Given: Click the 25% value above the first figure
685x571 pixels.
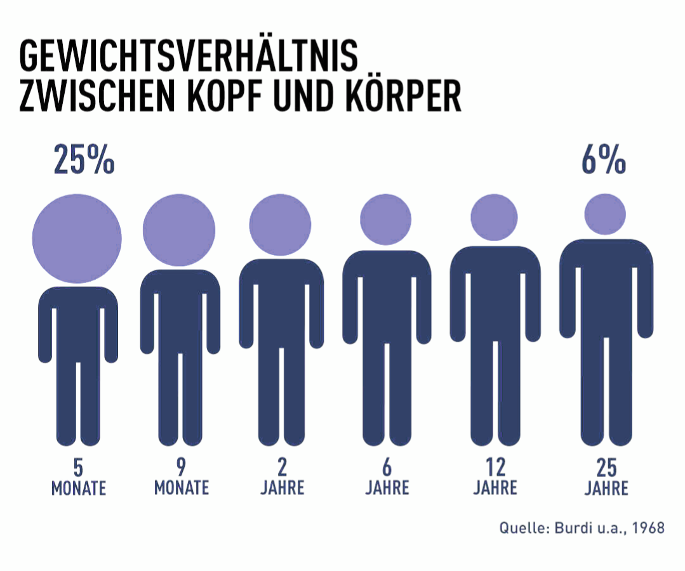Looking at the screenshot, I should click(x=84, y=160).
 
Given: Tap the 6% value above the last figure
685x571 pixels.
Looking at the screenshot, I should click(x=603, y=160).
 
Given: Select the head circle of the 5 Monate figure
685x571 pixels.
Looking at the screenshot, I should click(x=77, y=238).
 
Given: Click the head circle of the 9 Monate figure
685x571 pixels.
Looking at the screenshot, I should click(x=179, y=229).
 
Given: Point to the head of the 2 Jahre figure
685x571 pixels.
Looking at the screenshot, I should click(x=280, y=224).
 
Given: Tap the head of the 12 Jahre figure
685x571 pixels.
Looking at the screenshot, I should click(x=495, y=217).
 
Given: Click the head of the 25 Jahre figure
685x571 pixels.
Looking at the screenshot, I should click(x=604, y=214).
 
